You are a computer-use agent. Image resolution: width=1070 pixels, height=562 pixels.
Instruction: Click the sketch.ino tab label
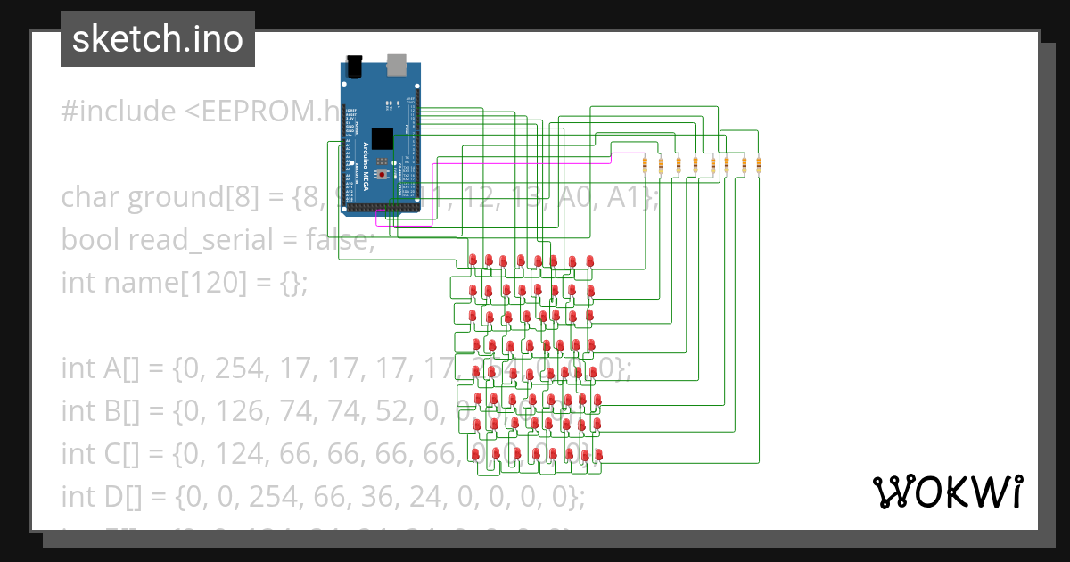157,39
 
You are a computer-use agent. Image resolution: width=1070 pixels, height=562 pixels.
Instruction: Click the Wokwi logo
947,492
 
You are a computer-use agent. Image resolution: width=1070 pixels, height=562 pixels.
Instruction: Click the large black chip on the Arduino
382,139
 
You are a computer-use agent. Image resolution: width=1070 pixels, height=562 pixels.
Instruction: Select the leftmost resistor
645,164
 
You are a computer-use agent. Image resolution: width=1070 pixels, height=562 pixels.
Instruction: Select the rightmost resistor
759,164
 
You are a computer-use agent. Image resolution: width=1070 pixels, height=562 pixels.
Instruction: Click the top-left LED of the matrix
473,260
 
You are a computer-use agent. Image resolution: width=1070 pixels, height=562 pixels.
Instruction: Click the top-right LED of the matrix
589,260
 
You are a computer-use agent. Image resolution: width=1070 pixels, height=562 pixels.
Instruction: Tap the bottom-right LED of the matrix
598,455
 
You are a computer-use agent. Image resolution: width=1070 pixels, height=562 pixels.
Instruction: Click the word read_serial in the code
190,240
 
